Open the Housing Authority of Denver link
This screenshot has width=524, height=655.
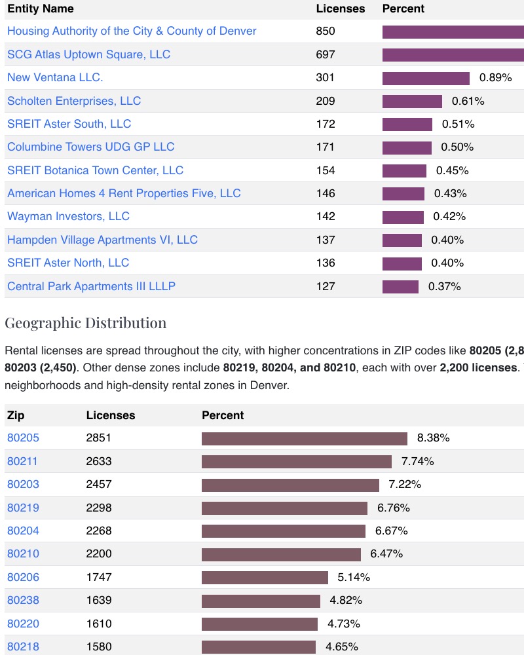click(x=132, y=31)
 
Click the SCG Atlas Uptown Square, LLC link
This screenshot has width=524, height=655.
click(x=88, y=54)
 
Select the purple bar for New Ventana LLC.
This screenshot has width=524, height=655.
click(x=426, y=78)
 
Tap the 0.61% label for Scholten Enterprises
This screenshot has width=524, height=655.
click(x=468, y=101)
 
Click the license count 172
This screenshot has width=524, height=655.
click(x=325, y=124)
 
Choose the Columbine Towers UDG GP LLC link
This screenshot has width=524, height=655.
click(x=90, y=147)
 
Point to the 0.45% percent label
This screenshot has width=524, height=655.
click(x=452, y=170)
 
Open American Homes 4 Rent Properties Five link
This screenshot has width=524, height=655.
click(x=124, y=193)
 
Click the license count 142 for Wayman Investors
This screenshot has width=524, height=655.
click(x=325, y=216)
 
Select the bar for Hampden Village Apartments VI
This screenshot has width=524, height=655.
click(x=402, y=240)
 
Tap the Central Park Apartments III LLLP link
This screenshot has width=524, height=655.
click(x=91, y=286)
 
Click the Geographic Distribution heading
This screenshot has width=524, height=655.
click(x=85, y=323)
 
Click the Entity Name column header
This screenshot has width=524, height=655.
click(x=40, y=9)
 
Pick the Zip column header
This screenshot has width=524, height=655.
click(x=16, y=415)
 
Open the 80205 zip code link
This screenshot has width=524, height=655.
click(x=23, y=438)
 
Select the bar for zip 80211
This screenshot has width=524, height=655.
click(x=296, y=462)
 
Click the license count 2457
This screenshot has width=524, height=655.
click(x=99, y=485)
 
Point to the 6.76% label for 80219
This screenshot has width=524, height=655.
click(x=394, y=508)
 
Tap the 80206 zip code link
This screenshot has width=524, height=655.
click(x=23, y=577)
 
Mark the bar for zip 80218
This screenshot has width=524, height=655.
click(x=258, y=646)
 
